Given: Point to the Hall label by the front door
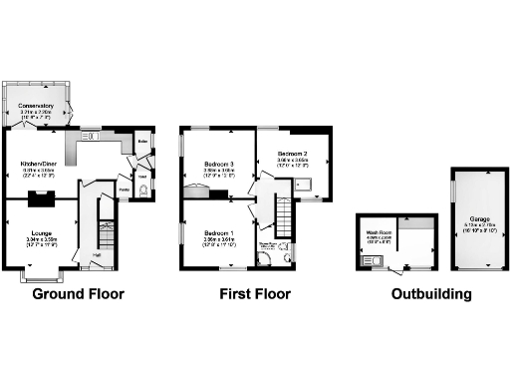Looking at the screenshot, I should tap(97, 255).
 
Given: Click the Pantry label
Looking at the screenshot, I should tap(125, 188).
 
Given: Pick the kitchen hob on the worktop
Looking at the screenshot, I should tap(90, 137).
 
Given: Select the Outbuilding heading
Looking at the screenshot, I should tap(431, 294).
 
